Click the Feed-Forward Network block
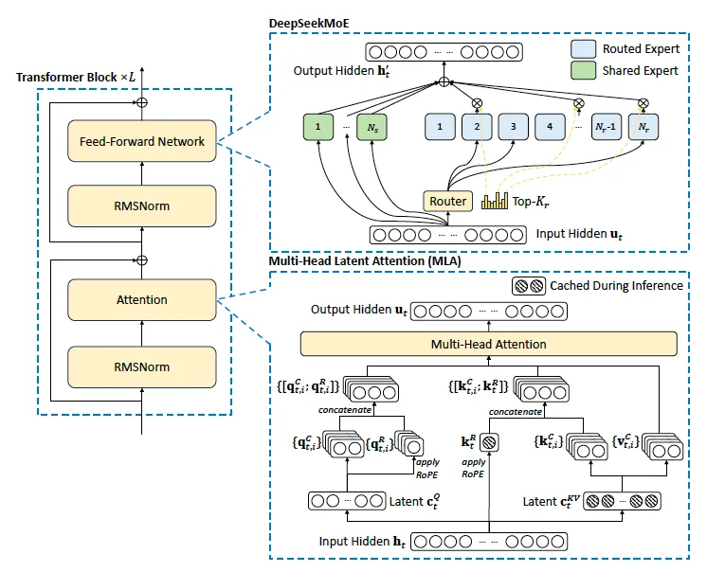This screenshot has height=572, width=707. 141,141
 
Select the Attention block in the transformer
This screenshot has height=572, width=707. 141,299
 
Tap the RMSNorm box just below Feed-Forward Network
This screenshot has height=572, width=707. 141,206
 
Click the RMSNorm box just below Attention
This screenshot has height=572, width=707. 141,367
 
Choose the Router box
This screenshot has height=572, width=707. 447,201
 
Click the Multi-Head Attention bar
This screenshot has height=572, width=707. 489,344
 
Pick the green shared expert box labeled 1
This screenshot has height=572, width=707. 318,127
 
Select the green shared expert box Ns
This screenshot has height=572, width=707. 372,127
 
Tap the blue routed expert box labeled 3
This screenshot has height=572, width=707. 513,127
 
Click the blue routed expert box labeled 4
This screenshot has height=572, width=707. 550,127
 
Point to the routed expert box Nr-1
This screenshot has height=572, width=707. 606,127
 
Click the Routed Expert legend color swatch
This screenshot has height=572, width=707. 583,49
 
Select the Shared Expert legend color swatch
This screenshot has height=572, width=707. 583,71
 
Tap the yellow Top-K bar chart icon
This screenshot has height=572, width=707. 495,201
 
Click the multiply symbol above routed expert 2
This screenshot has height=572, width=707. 477,103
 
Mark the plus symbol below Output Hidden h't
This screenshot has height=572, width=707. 444,82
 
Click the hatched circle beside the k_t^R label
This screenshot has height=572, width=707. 489,442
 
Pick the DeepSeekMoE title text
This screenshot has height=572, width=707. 309,24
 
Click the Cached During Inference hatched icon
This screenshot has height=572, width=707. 529,286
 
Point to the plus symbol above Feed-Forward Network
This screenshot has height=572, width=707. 141,102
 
